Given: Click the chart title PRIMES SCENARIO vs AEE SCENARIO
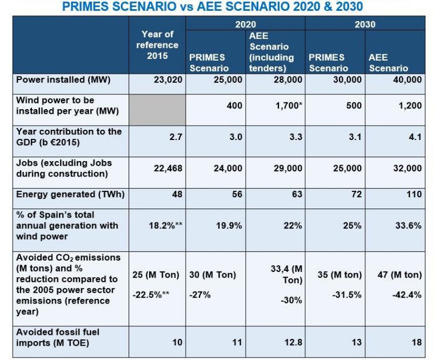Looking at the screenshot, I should coord(219,7).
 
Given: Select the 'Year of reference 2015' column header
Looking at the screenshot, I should coord(157,45).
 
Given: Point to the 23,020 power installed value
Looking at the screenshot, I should coord(168,79).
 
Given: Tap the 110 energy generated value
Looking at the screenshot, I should coord(413,194).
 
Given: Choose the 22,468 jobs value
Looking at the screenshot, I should coord(167,168).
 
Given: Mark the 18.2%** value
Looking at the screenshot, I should coord(165,225).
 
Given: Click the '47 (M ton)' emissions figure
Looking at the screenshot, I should coord(399,275).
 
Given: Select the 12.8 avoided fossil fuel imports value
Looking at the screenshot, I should coord(293,342).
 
